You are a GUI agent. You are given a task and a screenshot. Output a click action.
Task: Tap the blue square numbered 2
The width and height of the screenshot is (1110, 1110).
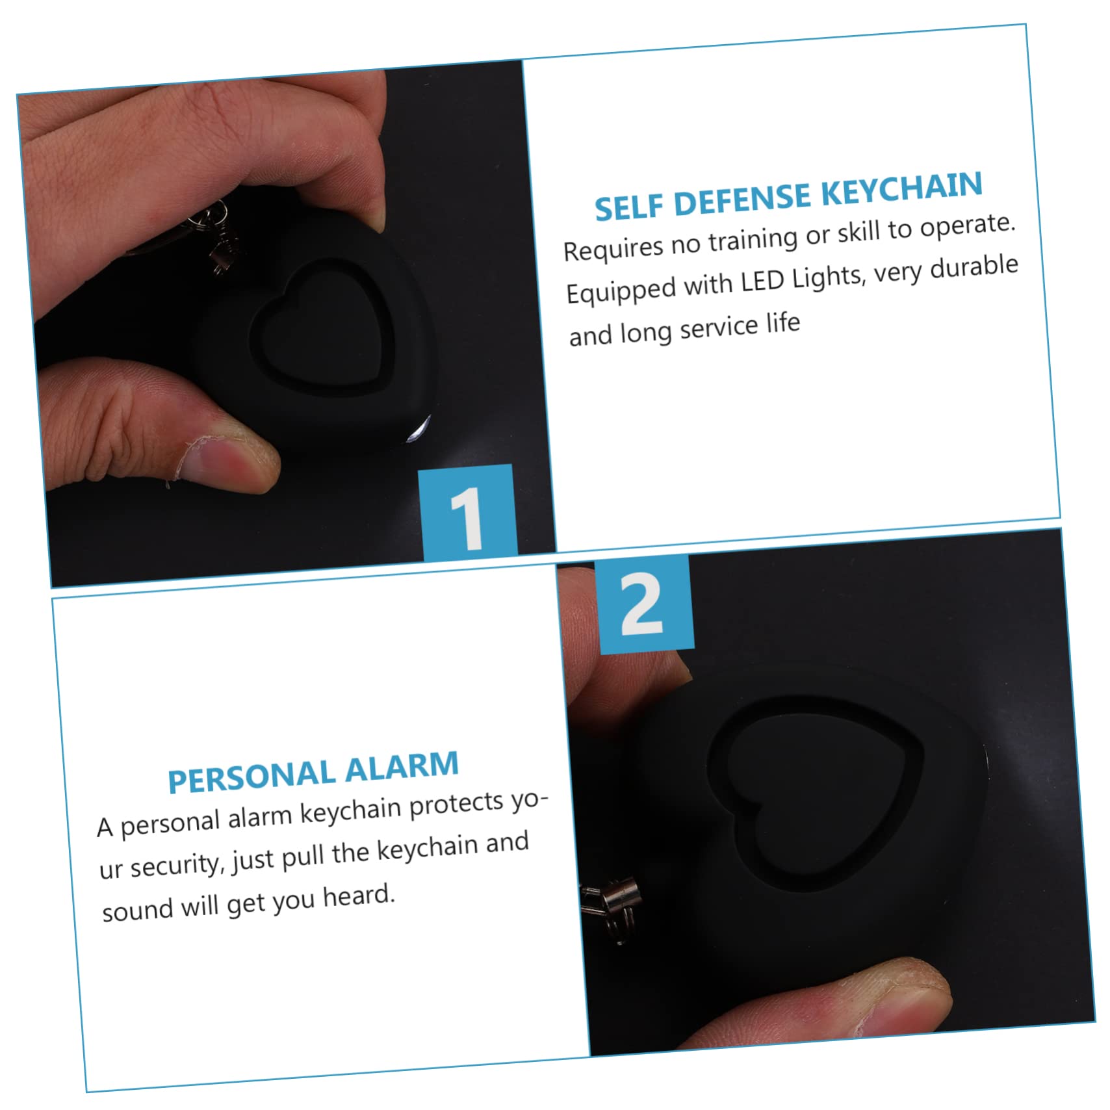644,604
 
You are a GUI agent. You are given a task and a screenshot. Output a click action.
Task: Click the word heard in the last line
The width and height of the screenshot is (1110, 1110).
359,896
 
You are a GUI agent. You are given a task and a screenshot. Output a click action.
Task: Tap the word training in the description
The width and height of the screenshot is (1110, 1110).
753,239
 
